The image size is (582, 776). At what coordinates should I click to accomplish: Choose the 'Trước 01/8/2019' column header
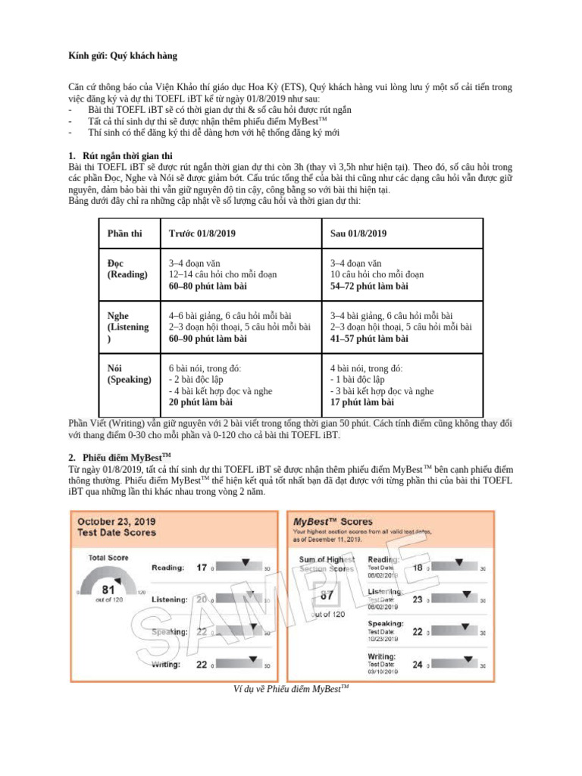[x=202, y=233]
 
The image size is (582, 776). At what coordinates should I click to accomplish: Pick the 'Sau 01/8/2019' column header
[x=358, y=233]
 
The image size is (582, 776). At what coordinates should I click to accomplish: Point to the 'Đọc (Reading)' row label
[x=127, y=268]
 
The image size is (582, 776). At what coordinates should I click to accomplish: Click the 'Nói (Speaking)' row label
[x=130, y=374]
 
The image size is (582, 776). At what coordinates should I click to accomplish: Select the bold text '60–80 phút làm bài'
[x=208, y=286]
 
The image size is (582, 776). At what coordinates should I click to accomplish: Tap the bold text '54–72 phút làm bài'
[x=369, y=286]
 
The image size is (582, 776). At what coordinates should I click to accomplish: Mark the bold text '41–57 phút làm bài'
[x=369, y=338]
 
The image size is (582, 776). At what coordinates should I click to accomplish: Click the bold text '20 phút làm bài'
[x=201, y=402]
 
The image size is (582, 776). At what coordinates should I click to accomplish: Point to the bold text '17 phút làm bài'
[x=362, y=402]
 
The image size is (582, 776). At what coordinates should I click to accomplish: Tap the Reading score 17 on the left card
[x=202, y=567]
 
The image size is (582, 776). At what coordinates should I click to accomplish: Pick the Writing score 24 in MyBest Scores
[x=418, y=665]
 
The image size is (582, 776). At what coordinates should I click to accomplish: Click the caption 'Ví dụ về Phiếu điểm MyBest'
[x=290, y=688]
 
